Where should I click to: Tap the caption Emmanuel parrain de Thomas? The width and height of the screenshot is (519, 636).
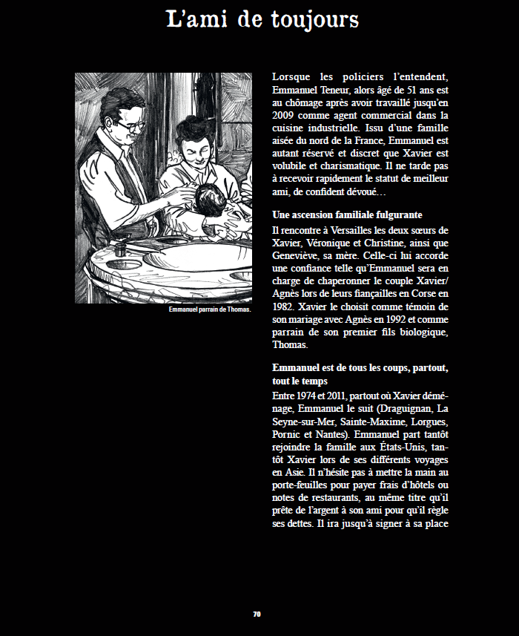209,309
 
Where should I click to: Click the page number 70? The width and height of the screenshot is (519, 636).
257,614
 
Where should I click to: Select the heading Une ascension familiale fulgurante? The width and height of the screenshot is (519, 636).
347,214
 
